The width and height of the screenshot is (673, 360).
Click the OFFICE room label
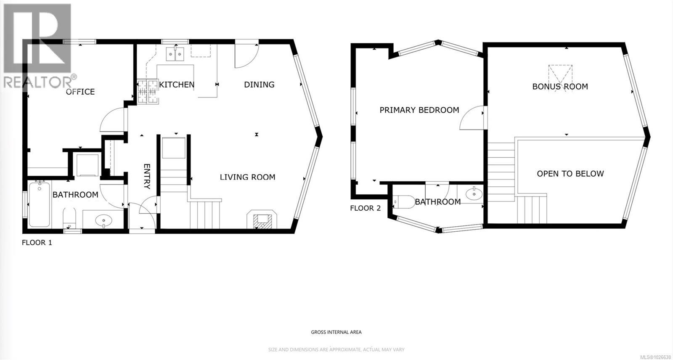click(80, 92)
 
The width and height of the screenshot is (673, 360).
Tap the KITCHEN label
click(177, 85)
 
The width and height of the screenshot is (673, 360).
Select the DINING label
click(259, 85)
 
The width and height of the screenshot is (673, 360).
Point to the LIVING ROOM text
click(247, 177)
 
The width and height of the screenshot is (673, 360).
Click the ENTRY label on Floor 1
click(147, 176)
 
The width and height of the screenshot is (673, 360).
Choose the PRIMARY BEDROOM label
click(419, 110)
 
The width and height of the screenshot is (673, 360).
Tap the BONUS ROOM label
click(560, 87)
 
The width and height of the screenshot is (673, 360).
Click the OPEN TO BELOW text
click(570, 174)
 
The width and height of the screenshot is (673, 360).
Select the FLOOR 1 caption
click(37, 243)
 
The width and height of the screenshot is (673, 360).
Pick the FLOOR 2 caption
click(365, 208)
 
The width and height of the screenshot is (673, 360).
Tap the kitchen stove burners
click(148, 92)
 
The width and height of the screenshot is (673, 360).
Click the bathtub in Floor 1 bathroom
click(39, 204)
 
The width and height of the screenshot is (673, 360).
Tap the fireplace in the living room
click(262, 219)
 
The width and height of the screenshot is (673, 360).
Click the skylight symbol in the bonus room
click(560, 74)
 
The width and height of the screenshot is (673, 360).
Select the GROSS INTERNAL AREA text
click(336, 332)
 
